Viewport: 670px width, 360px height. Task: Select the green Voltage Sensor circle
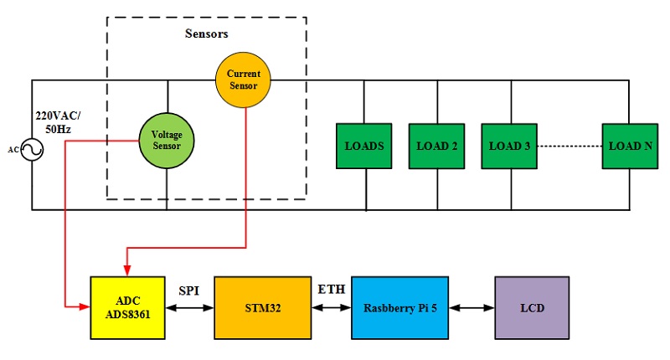pyautogui.click(x=167, y=140)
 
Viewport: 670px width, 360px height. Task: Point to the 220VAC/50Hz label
pyautogui.click(x=52, y=121)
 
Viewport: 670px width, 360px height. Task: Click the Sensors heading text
pyautogui.click(x=206, y=34)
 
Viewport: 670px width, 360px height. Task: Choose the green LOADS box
pyautogui.click(x=364, y=146)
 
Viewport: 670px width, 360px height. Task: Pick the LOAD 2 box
pyautogui.click(x=436, y=146)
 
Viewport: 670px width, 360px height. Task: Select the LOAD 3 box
pyautogui.click(x=509, y=146)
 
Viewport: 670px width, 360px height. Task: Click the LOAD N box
pyautogui.click(x=630, y=146)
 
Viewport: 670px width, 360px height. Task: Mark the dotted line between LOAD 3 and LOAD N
pyautogui.click(x=569, y=146)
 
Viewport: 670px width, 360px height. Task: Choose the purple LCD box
pyautogui.click(x=532, y=307)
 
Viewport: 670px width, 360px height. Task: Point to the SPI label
pyautogui.click(x=188, y=291)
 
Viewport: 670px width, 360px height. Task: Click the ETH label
pyautogui.click(x=329, y=290)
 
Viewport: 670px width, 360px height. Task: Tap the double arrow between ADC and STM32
pyautogui.click(x=188, y=308)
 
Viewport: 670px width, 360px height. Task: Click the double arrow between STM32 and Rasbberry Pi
pyautogui.click(x=332, y=308)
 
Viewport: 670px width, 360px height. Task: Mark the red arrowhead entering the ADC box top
pyautogui.click(x=126, y=269)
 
